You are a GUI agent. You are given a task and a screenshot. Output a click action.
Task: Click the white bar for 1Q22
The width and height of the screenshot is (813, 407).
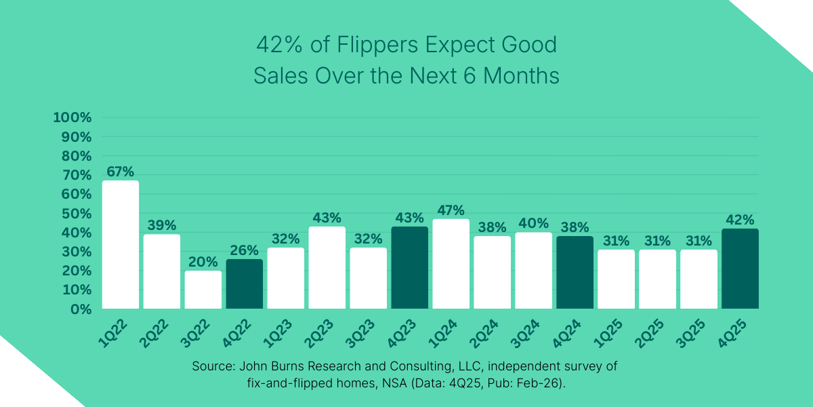121,244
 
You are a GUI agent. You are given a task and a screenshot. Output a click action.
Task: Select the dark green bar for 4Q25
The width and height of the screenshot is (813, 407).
740,269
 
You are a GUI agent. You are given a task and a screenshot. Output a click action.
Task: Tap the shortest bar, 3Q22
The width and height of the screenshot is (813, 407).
203,290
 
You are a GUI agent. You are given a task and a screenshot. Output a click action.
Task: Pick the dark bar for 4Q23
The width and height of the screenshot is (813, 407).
410,267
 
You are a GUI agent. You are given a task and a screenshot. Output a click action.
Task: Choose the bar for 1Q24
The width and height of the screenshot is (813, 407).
451,264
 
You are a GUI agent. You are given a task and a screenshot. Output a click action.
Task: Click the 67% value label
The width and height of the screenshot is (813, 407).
121,172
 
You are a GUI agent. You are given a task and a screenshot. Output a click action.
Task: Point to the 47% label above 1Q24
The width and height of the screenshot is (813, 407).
451,210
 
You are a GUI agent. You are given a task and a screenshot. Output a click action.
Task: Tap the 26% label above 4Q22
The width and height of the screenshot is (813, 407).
245,250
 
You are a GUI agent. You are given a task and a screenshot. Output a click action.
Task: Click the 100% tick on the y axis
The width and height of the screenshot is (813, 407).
72,117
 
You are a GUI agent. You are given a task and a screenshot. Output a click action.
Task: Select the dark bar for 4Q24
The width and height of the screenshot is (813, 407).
575,272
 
